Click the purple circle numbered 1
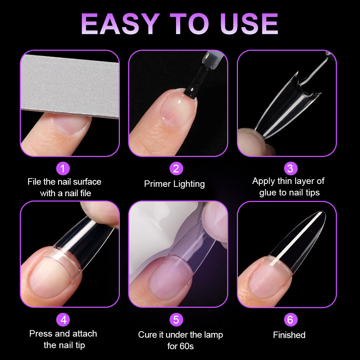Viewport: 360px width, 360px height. pyautogui.click(x=63, y=168)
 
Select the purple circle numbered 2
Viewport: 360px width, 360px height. pyautogui.click(x=176, y=168)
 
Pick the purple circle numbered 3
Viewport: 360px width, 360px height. pyautogui.click(x=290, y=168)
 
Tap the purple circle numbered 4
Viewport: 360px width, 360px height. pyautogui.click(x=63, y=319)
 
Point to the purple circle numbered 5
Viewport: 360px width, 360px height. pyautogui.click(x=176, y=319)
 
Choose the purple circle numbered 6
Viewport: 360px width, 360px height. pyautogui.click(x=290, y=319)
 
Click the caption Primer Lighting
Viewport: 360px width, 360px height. pyautogui.click(x=174, y=184)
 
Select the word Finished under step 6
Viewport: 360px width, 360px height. pyautogui.click(x=289, y=335)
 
